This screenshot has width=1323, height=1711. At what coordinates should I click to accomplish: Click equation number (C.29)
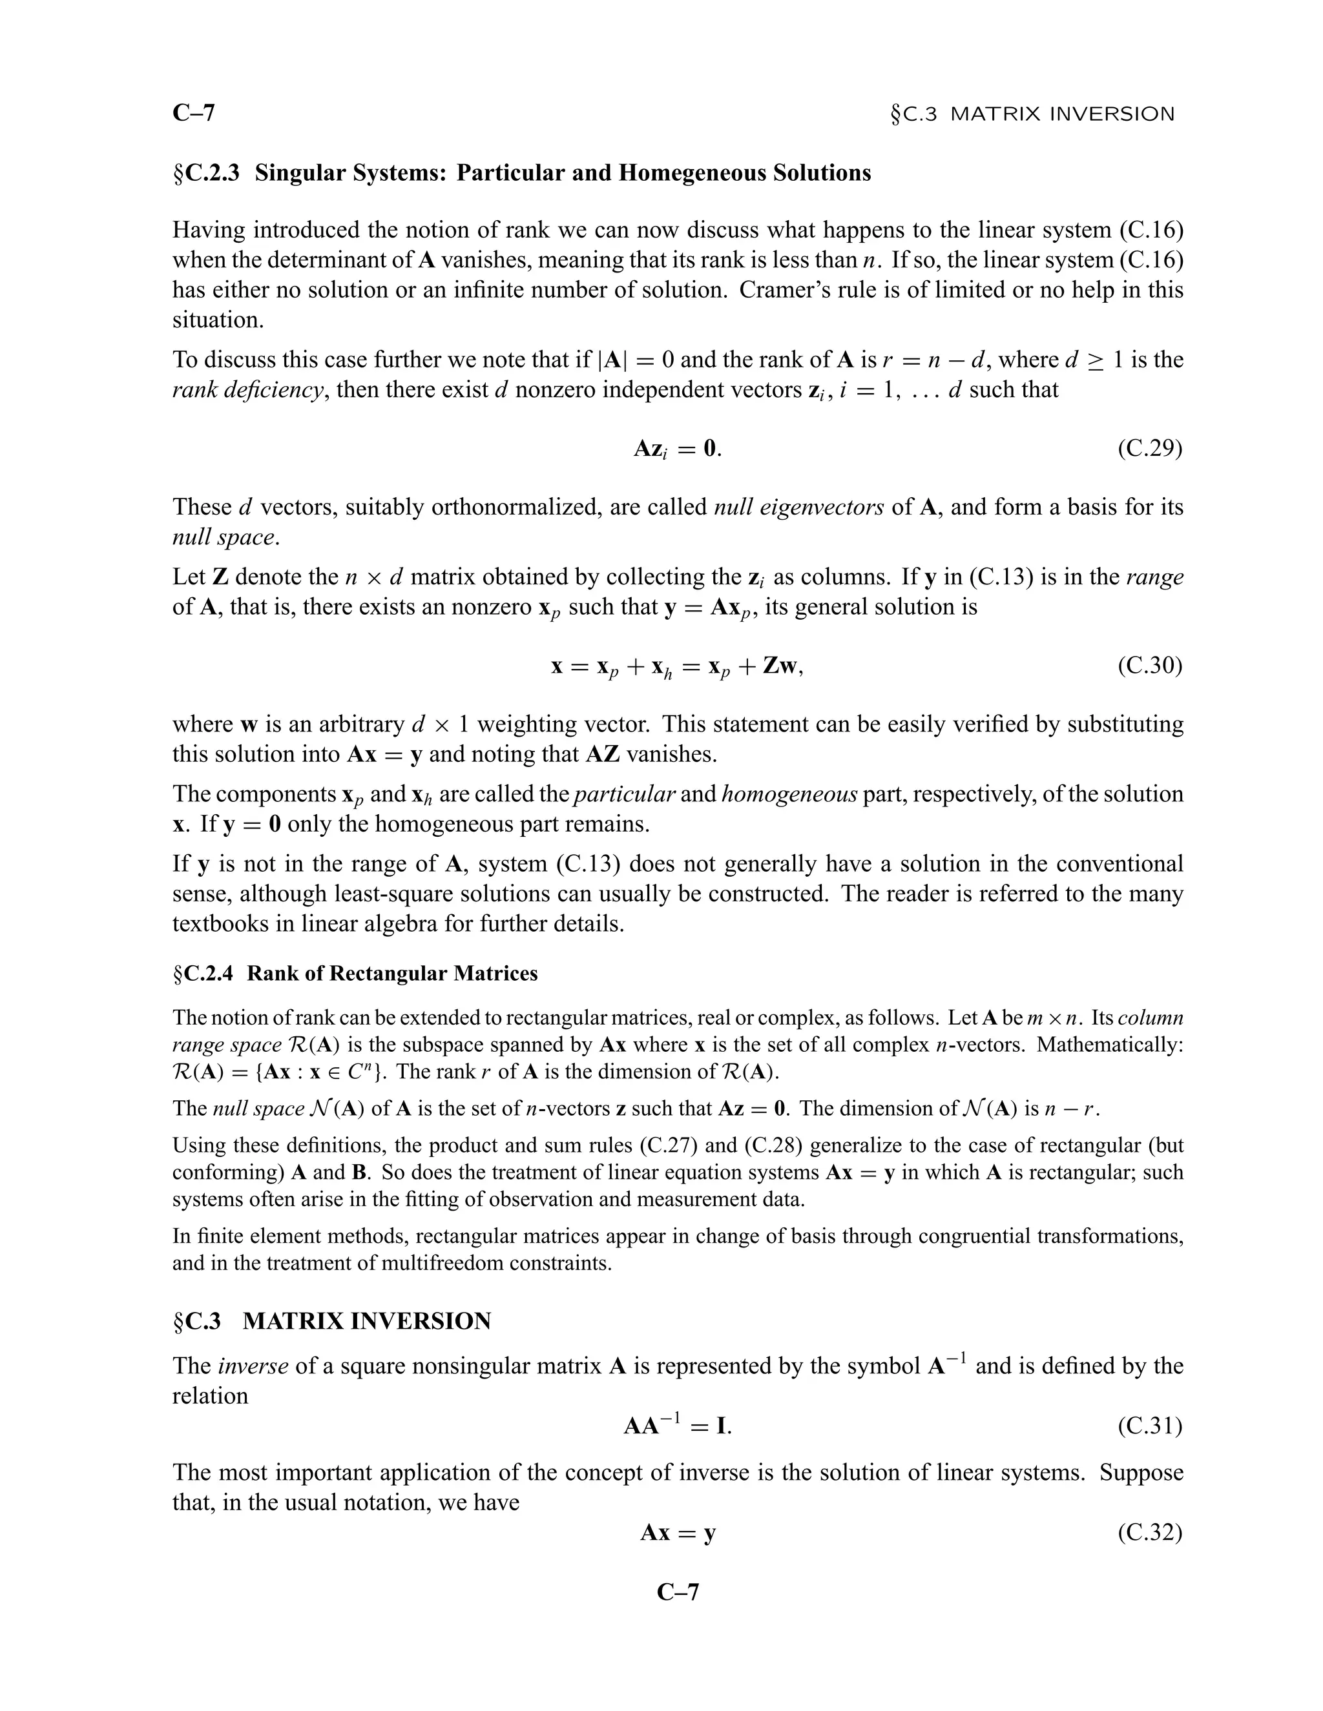pyautogui.click(x=1149, y=449)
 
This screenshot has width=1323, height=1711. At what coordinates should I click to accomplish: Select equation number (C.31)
pyautogui.click(x=1149, y=1426)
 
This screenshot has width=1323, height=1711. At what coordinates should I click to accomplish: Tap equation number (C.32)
pyautogui.click(x=1149, y=1532)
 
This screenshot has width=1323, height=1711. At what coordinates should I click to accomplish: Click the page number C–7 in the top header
pyautogui.click(x=194, y=114)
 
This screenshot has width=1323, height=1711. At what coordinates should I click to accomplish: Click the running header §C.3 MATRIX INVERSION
pyautogui.click(x=1032, y=114)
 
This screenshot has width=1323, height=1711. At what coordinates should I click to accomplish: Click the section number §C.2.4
pyautogui.click(x=203, y=974)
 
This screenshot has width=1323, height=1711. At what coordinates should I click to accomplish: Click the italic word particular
pyautogui.click(x=625, y=794)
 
